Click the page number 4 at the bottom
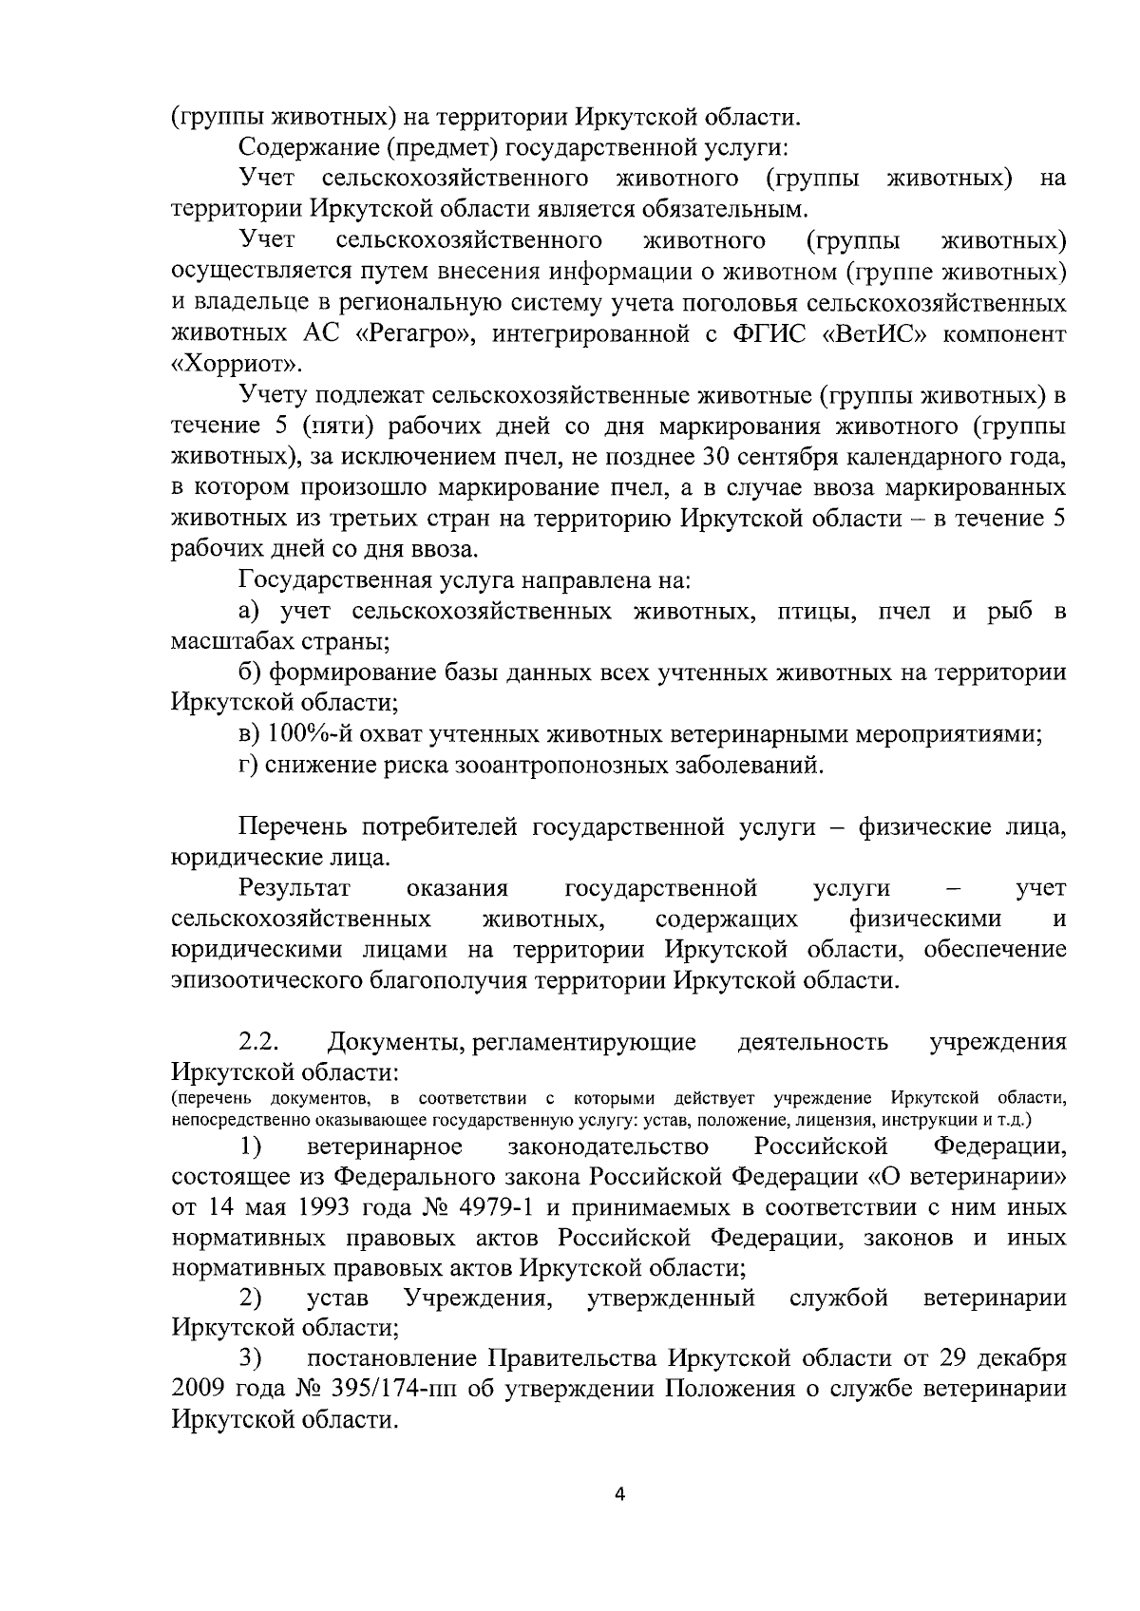620,1493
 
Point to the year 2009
198,1390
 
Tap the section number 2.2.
257,1042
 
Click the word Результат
294,888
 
